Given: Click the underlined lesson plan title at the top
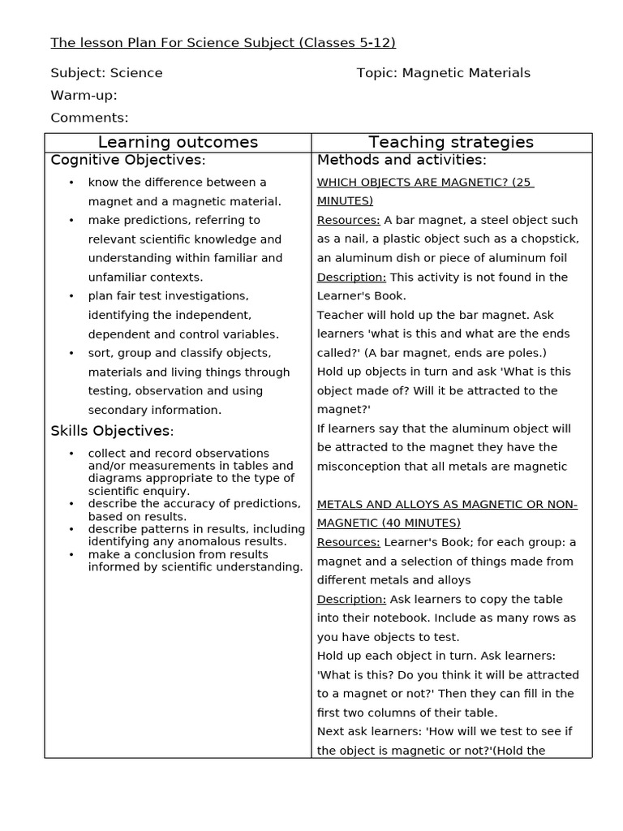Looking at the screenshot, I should point(223,43).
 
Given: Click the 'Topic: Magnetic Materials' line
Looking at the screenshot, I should point(443,73).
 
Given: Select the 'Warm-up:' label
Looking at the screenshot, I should point(84,95).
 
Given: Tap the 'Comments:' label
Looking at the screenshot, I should point(89,118).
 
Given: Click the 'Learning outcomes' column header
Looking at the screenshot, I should point(178,143).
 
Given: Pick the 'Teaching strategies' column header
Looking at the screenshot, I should point(451,143).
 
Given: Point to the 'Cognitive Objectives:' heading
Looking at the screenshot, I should point(128,160).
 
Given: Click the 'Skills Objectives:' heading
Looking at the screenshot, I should point(112,430).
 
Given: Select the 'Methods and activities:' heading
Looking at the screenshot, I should point(402,160).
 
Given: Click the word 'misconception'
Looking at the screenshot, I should point(358,467).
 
